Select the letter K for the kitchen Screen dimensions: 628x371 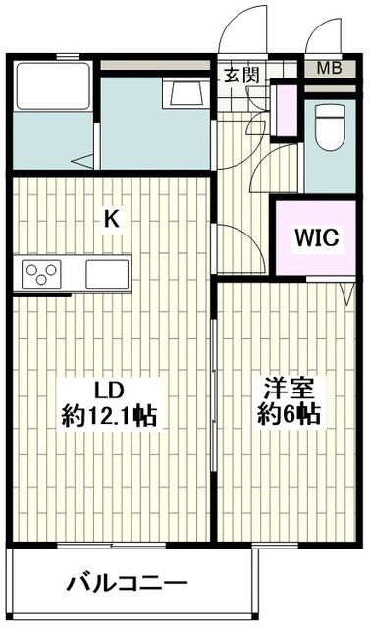click(x=112, y=219)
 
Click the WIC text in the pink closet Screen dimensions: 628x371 click(x=313, y=237)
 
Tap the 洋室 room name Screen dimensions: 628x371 click(x=287, y=387)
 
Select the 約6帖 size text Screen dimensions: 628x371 click(x=287, y=414)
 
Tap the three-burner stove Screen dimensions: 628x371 click(x=43, y=272)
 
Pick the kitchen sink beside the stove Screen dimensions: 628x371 click(x=106, y=272)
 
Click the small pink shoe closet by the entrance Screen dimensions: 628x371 click(x=286, y=112)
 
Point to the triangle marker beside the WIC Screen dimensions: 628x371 click(x=347, y=292)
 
